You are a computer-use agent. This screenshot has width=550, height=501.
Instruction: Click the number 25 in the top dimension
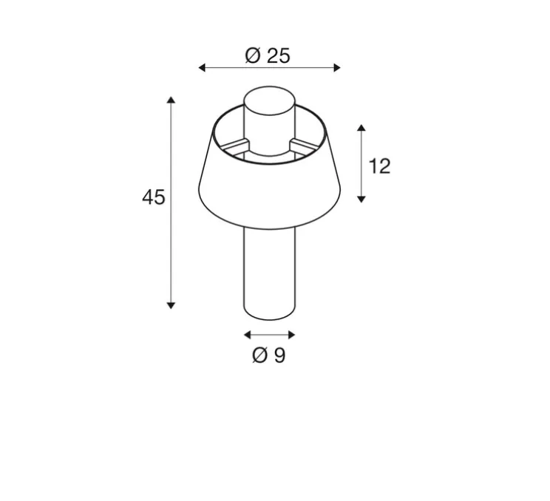[279, 55]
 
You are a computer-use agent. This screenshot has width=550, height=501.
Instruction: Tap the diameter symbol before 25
[253, 55]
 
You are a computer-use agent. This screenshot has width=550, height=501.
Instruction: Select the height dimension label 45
[154, 197]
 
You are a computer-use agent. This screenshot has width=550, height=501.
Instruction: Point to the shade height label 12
[378, 166]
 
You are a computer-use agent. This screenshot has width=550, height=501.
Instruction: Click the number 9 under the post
[279, 355]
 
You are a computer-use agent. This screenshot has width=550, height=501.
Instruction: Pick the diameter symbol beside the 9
[259, 355]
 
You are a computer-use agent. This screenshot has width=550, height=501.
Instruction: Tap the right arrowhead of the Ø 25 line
[337, 68]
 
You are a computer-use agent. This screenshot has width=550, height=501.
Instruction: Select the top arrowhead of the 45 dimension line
[172, 100]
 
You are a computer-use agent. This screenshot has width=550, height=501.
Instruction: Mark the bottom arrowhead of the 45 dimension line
[172, 304]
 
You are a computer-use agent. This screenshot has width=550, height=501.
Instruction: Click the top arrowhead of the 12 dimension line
[361, 129]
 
